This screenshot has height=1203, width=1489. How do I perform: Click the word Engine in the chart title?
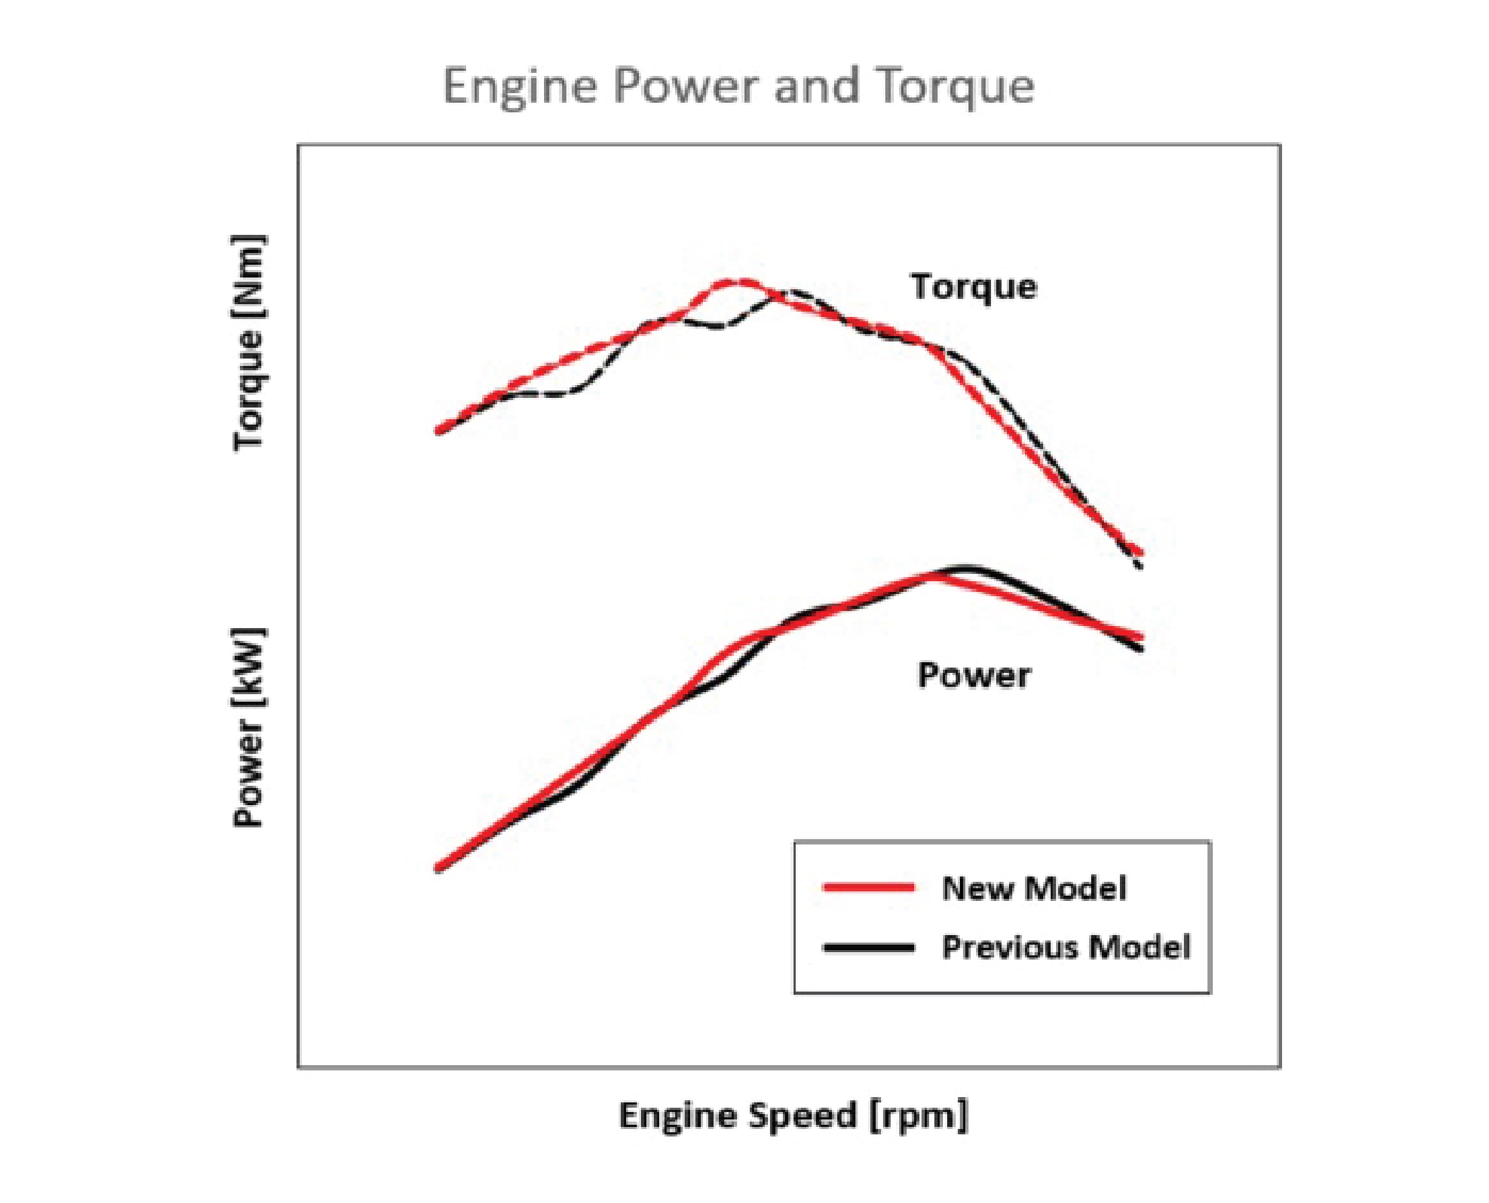point(519,87)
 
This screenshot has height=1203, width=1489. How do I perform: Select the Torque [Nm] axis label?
point(248,344)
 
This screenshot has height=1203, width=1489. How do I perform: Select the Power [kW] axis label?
point(248,727)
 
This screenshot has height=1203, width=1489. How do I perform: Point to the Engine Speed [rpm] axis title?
point(793,1116)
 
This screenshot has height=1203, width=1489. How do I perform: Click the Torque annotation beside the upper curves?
point(973,286)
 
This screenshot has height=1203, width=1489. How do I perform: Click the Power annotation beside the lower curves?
point(973,675)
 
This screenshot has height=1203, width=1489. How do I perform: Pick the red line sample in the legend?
point(867,887)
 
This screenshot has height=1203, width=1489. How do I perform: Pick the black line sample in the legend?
point(867,947)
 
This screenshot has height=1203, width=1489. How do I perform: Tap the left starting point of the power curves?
point(438,868)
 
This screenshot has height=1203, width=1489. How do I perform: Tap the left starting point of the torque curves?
point(438,431)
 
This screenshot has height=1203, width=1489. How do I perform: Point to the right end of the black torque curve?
point(1140,567)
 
